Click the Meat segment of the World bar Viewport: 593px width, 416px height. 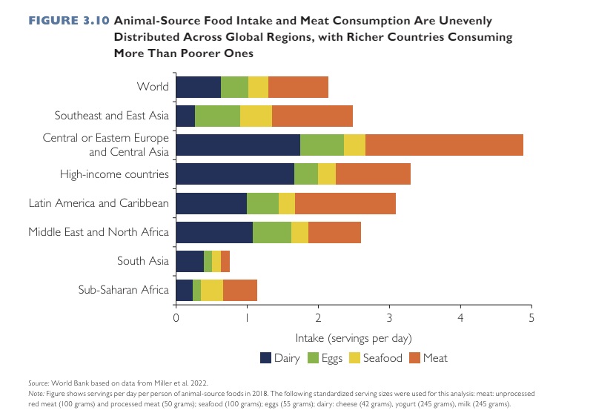click(x=298, y=88)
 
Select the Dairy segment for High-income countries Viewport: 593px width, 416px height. click(x=235, y=174)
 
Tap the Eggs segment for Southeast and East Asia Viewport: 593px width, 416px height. click(x=217, y=116)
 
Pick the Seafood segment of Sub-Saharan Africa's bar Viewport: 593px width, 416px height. click(x=212, y=290)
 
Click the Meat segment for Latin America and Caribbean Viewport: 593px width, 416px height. click(x=345, y=203)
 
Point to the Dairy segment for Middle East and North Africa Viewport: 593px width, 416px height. click(x=214, y=232)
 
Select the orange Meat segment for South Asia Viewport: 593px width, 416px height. click(x=225, y=261)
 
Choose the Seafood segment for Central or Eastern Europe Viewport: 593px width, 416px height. click(x=354, y=145)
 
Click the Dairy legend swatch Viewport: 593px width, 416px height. click(x=265, y=358)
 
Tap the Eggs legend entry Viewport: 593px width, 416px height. click(x=327, y=358)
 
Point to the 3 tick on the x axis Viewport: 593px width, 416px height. click(x=389, y=318)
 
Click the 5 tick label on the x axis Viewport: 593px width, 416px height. click(x=531, y=318)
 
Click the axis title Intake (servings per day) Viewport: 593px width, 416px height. click(x=354, y=338)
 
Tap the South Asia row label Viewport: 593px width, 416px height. click(x=143, y=261)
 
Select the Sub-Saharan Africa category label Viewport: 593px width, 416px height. click(x=124, y=290)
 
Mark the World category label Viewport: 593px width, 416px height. click(x=153, y=88)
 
